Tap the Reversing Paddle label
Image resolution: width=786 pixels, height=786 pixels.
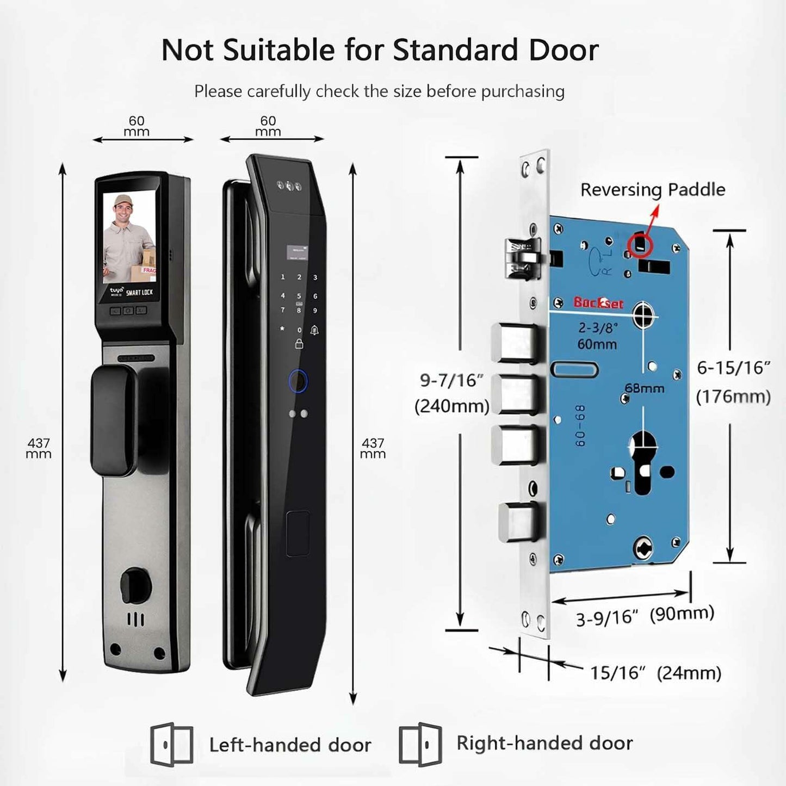(x=652, y=189)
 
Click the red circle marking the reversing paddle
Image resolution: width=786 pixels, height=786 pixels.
(x=640, y=245)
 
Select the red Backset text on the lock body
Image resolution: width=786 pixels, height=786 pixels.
(x=598, y=303)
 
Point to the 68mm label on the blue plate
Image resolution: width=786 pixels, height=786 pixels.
(x=644, y=388)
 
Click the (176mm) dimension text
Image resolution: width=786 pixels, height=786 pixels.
(x=733, y=396)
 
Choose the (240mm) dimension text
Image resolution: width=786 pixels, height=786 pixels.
(x=451, y=406)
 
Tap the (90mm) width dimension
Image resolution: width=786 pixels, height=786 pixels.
(x=682, y=614)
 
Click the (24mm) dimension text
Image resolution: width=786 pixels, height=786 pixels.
(x=689, y=673)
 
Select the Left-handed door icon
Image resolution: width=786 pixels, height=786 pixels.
(x=171, y=744)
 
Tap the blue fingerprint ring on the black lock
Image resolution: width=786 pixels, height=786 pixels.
(x=298, y=381)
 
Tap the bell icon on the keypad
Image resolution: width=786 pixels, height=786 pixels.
(x=314, y=330)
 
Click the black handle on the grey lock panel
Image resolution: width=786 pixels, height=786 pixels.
(x=114, y=420)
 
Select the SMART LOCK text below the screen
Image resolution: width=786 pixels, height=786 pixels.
(x=139, y=293)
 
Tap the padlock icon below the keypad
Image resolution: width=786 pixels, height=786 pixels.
(x=299, y=344)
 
